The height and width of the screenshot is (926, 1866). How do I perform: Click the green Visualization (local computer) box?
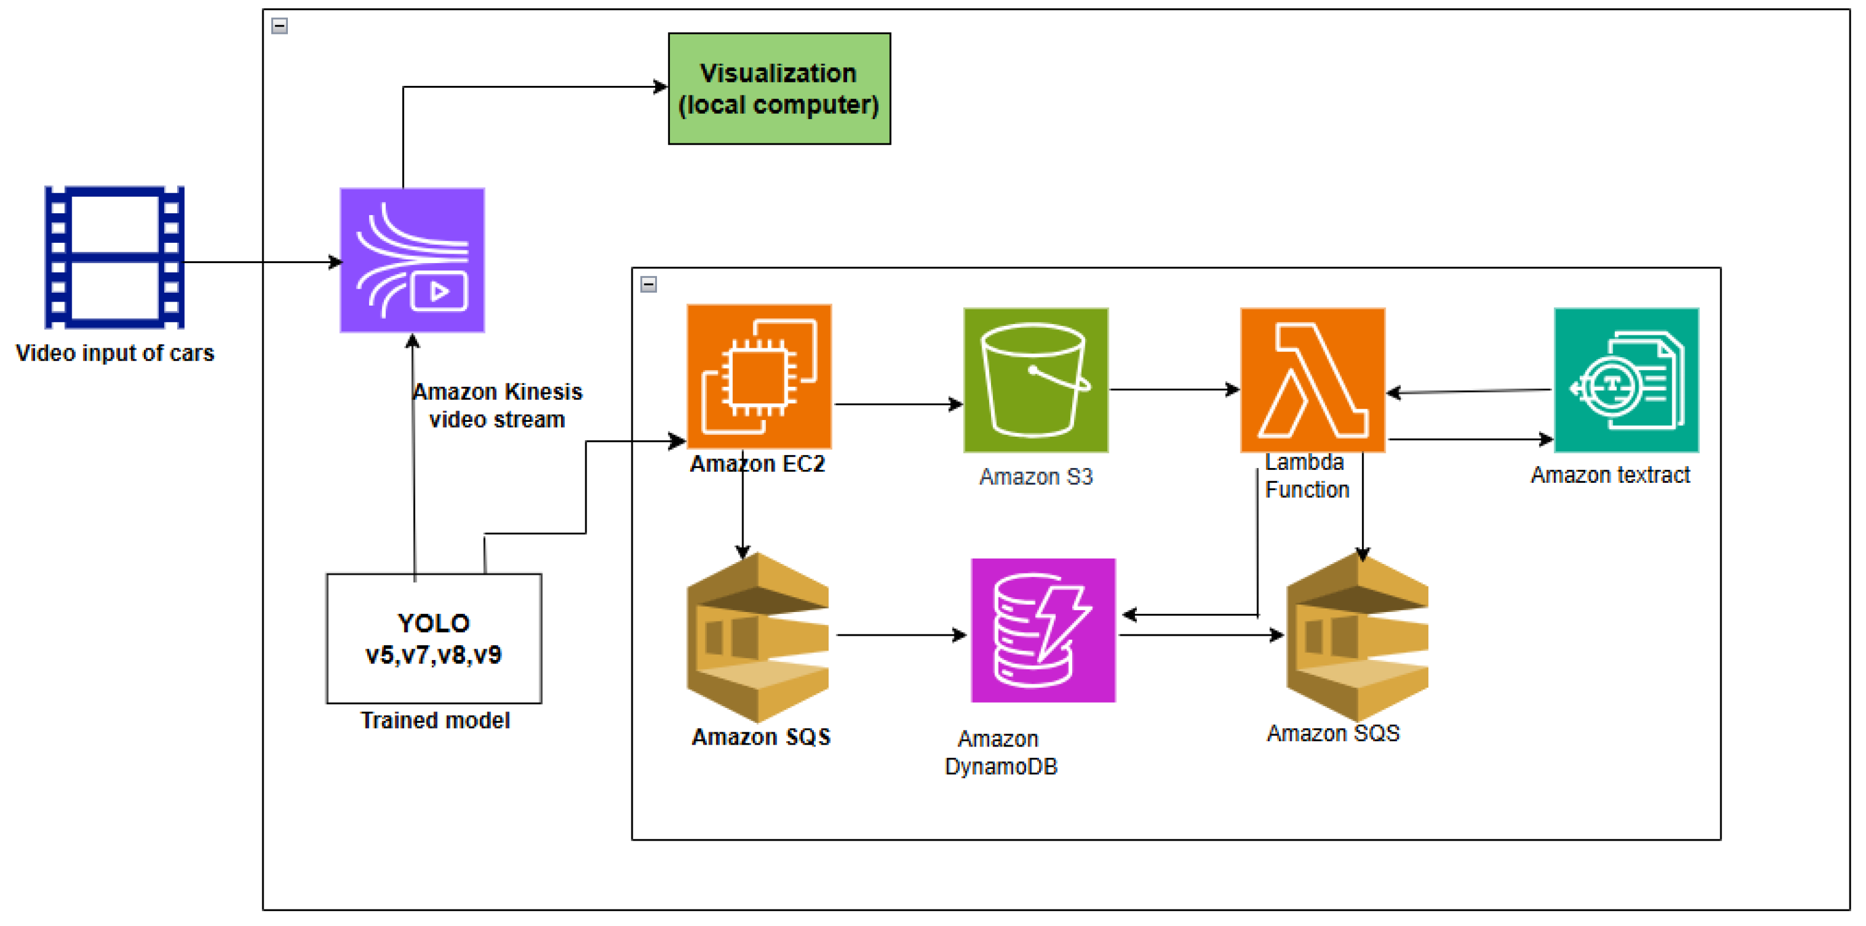pyautogui.click(x=779, y=88)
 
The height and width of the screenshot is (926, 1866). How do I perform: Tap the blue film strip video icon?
pyautogui.click(x=114, y=257)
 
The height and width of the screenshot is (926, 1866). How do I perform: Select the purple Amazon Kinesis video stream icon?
pyautogui.click(x=412, y=260)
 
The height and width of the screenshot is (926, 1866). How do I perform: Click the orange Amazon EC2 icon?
pyautogui.click(x=758, y=376)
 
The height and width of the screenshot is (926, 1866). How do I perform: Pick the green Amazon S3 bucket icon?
pyautogui.click(x=1035, y=380)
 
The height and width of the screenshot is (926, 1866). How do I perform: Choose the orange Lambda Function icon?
pyautogui.click(x=1312, y=380)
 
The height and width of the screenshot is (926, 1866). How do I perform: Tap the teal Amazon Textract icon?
pyautogui.click(x=1625, y=380)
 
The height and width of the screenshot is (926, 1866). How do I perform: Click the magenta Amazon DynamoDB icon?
pyautogui.click(x=1043, y=630)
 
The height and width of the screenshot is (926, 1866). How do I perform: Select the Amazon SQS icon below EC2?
pyautogui.click(x=758, y=637)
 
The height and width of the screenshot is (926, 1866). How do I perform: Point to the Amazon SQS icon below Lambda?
pyautogui.click(x=1357, y=637)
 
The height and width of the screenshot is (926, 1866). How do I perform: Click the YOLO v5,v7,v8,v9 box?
pyautogui.click(x=434, y=638)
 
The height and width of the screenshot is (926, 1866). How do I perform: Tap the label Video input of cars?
pyautogui.click(x=115, y=353)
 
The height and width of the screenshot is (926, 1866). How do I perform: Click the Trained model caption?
pyautogui.click(x=435, y=720)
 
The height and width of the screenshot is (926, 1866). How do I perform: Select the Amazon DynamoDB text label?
pyautogui.click(x=1001, y=752)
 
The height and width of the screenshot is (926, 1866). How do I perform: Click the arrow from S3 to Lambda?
pyautogui.click(x=1174, y=390)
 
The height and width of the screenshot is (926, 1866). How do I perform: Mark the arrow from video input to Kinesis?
pyautogui.click(x=261, y=262)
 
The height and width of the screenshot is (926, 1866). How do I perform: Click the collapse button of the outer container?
pyautogui.click(x=280, y=26)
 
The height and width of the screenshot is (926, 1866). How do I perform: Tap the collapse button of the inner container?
pyautogui.click(x=648, y=284)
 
